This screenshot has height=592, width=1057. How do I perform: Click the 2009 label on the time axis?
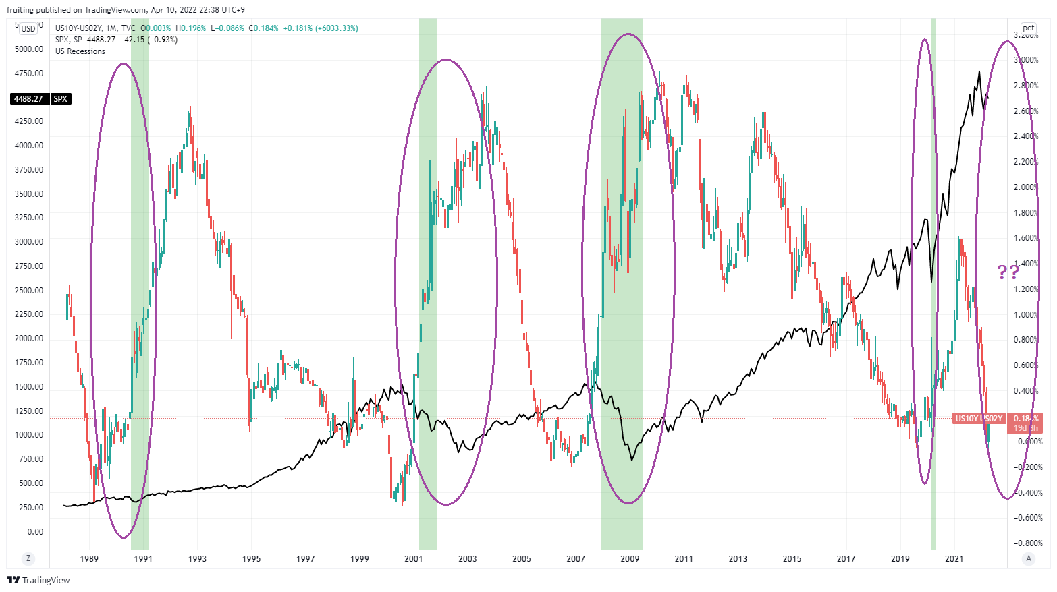(x=629, y=558)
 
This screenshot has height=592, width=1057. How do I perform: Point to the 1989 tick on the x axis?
(x=89, y=558)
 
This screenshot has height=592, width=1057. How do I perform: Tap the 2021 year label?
(x=954, y=558)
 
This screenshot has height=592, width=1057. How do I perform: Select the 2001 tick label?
(x=413, y=558)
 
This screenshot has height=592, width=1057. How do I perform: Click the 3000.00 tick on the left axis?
(x=29, y=242)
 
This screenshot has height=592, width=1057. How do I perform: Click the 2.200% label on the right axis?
(x=1026, y=162)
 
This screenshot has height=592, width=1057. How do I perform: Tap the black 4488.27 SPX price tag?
(x=41, y=99)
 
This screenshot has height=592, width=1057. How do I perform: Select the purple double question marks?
(x=1008, y=272)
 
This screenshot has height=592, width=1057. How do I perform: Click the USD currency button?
(x=28, y=28)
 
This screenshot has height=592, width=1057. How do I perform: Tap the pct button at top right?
(x=1028, y=28)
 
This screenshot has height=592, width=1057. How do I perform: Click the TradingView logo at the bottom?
(x=38, y=580)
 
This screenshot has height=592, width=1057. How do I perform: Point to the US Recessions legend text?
(x=80, y=51)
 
